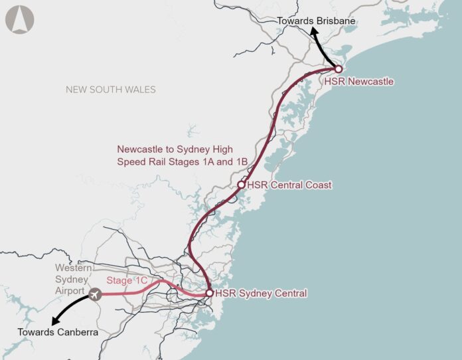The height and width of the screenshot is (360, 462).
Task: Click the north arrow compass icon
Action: coord(20,19)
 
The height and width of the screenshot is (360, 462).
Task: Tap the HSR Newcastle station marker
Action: coord(338,69)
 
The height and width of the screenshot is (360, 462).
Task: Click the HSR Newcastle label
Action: coord(359,82)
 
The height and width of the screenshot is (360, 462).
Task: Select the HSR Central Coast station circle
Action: coord(242,185)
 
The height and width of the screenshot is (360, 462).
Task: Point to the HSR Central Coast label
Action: coord(289,185)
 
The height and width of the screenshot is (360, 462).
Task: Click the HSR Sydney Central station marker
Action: coord(209,293)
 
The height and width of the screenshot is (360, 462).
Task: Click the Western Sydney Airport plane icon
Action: coord(95,293)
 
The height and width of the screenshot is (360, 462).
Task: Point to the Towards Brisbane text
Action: coord(317,21)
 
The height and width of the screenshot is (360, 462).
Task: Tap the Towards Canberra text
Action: coord(58,332)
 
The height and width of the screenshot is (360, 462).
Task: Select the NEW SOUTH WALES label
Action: coord(110,89)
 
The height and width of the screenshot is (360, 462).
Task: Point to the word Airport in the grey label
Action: coord(70,291)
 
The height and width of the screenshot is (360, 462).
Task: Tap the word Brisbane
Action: coord(337,21)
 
